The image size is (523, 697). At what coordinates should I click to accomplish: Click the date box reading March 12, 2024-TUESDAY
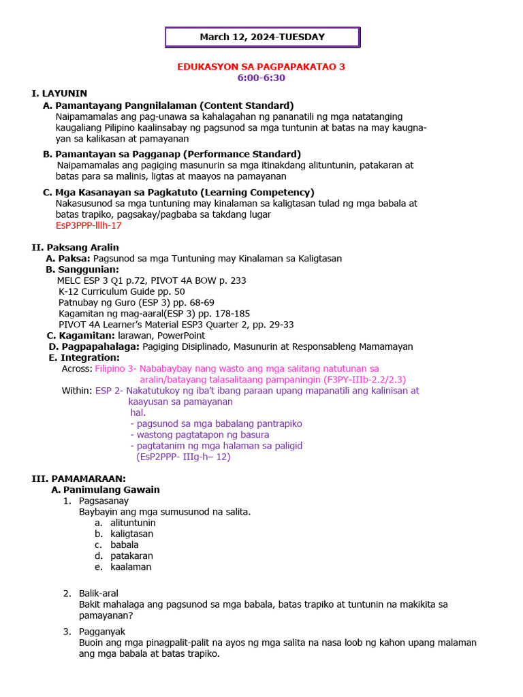[x=262, y=37]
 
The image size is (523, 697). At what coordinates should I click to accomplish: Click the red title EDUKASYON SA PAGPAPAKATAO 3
[x=261, y=67]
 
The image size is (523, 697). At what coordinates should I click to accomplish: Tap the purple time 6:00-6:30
[x=261, y=78]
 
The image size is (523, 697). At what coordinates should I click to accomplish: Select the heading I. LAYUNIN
[x=59, y=93]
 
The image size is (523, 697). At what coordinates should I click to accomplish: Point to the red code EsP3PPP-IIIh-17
[x=89, y=225]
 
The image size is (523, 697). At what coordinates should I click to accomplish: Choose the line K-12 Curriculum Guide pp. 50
[x=121, y=291]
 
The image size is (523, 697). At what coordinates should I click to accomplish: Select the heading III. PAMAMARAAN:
[x=78, y=479]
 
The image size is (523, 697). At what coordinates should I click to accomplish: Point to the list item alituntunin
[x=133, y=523]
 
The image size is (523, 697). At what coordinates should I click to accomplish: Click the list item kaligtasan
[x=131, y=534]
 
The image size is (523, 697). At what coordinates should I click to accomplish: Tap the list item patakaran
[x=131, y=555]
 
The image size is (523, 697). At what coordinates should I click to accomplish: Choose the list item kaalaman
[x=131, y=566]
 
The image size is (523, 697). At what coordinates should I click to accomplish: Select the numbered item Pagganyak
[x=101, y=632]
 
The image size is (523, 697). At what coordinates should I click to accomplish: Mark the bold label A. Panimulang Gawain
[x=106, y=489]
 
